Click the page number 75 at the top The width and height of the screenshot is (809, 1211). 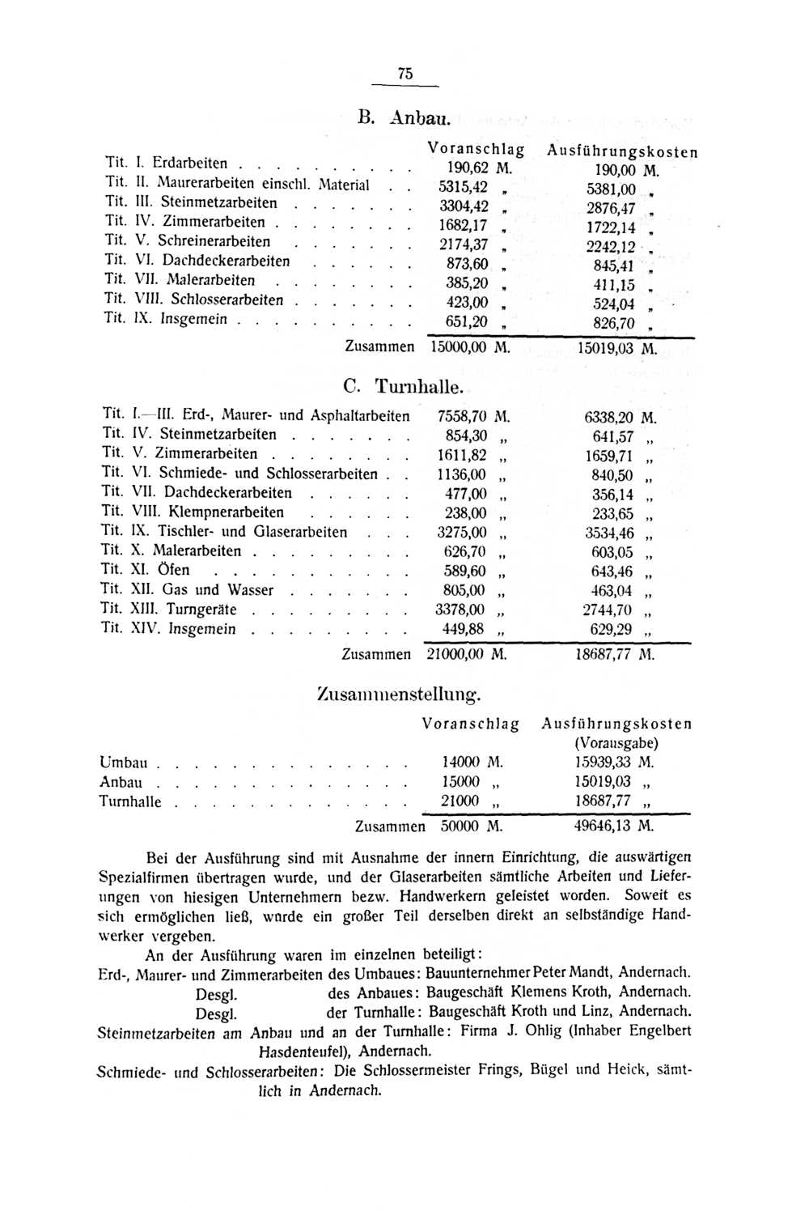point(405,74)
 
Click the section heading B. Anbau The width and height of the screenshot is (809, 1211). point(402,117)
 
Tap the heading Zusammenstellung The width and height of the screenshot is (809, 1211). point(400,693)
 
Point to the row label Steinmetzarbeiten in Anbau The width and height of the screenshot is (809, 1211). point(218,203)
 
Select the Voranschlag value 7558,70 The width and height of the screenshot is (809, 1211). point(461,417)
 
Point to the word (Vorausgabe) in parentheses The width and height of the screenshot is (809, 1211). point(616,742)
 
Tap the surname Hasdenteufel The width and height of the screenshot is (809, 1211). point(304,1052)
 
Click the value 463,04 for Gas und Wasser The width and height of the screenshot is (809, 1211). point(612,591)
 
